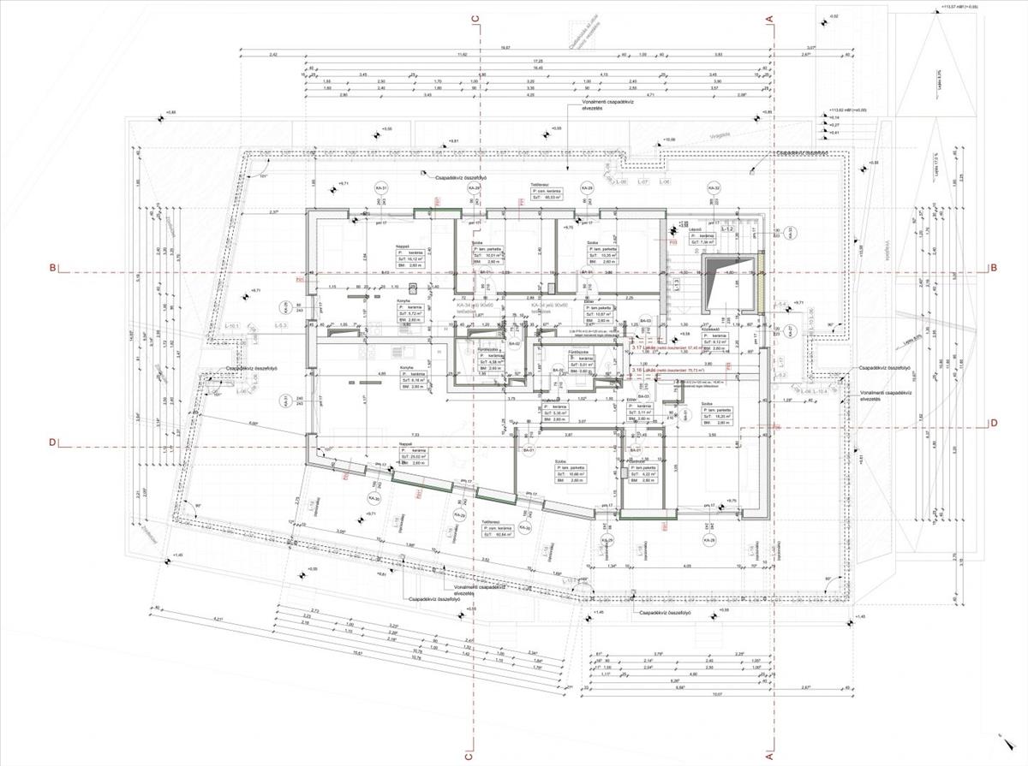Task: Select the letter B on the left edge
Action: (53, 268)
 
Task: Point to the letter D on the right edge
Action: (993, 422)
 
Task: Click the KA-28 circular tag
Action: (708, 541)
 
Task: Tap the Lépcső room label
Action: (696, 230)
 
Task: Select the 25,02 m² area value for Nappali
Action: (413, 458)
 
